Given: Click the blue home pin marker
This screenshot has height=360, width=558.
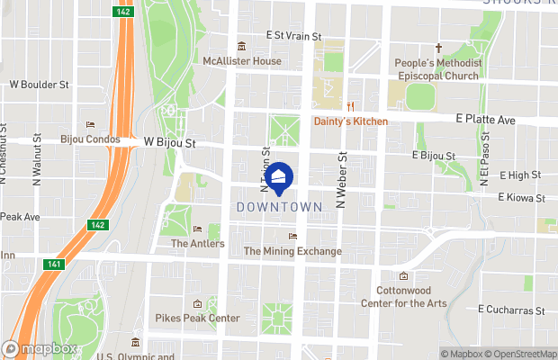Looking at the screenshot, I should click(280, 180).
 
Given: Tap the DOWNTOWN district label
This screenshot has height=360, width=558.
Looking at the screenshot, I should click(279, 207).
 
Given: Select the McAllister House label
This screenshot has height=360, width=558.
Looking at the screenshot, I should click(242, 61).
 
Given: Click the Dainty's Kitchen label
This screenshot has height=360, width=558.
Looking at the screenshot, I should click(351, 121).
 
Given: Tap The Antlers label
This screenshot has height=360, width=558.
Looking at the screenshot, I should click(197, 243).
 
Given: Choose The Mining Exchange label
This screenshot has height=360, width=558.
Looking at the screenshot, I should click(292, 251).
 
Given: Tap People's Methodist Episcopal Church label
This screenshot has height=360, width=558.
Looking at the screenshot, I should click(439, 68).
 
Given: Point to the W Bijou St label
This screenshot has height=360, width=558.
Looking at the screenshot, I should click(169, 142).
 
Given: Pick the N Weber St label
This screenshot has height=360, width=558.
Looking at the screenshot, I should click(341, 181).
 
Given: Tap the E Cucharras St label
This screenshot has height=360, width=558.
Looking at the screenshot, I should click(512, 310).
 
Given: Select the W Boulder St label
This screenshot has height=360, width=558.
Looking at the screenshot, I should click(39, 85).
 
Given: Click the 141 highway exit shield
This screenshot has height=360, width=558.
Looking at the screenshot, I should click(55, 264).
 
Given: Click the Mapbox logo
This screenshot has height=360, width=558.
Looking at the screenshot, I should click(40, 348).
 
